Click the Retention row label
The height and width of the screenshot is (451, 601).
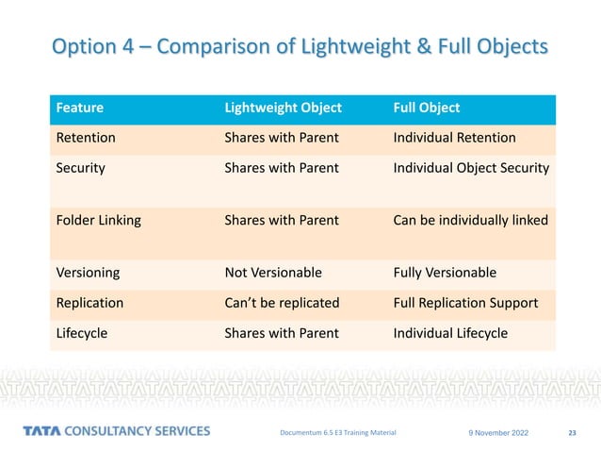click(87, 138)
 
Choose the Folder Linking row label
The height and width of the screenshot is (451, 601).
click(99, 221)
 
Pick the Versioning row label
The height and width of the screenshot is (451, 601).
click(89, 273)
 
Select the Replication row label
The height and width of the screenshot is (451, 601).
click(91, 303)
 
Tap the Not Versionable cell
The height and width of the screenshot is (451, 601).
click(273, 273)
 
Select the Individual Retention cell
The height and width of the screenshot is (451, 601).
click(454, 138)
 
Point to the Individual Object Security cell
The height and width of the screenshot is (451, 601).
click(471, 168)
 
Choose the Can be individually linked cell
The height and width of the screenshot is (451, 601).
click(470, 221)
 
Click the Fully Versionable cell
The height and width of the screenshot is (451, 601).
click(446, 273)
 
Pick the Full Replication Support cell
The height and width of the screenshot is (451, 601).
click(465, 303)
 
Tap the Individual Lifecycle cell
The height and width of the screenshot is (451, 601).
click(450, 333)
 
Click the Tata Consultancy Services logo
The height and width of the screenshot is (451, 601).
click(117, 431)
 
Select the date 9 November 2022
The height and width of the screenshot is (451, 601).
click(498, 433)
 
